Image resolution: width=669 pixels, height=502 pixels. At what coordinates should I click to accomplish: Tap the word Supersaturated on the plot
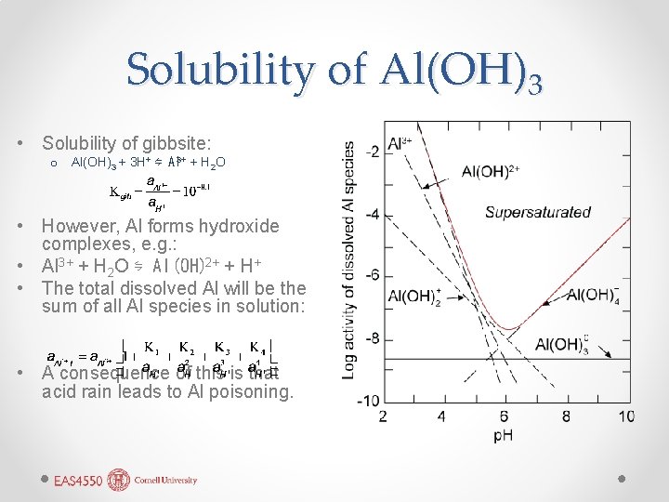click(537, 212)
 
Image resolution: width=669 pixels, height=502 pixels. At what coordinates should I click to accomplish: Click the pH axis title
click(503, 435)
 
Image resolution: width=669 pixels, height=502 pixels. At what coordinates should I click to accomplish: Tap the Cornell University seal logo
click(118, 480)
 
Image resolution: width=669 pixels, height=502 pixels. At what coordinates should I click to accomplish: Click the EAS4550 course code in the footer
click(79, 481)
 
